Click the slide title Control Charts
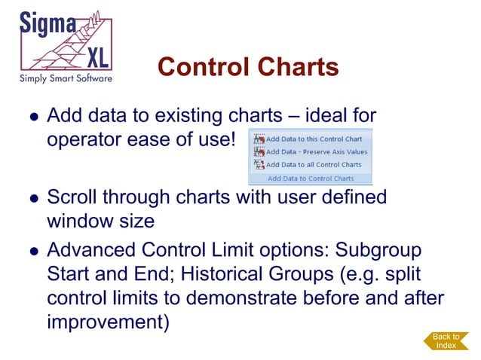pos(248,67)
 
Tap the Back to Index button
pos(446,340)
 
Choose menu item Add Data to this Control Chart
pos(314,139)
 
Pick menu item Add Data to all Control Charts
pos(314,164)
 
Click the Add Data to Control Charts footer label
pos(311,178)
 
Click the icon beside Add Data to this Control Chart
pos(259,139)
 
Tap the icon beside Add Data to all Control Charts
pos(259,164)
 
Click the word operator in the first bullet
pos(83,141)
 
